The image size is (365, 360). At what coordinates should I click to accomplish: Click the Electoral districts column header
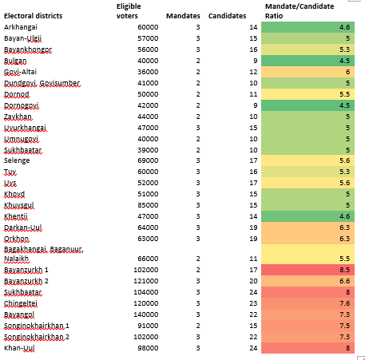click(33, 16)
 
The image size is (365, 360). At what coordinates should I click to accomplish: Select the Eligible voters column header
click(129, 11)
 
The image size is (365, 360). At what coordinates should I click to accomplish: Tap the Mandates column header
click(183, 16)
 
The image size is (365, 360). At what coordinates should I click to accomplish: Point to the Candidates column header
click(227, 16)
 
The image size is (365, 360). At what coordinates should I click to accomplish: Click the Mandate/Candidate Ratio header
click(300, 11)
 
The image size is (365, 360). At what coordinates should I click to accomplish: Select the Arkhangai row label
click(21, 27)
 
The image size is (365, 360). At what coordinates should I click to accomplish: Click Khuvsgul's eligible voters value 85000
click(148, 205)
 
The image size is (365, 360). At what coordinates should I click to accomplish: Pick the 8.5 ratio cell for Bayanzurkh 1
click(307, 270)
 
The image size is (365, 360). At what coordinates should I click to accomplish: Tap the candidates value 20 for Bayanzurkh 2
click(253, 281)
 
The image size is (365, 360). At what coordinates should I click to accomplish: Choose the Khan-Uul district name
click(19, 348)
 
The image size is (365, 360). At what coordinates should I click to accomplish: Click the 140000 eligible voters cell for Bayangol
click(146, 315)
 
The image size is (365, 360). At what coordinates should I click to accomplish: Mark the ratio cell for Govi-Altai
click(307, 72)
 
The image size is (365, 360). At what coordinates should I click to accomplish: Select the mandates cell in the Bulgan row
click(198, 61)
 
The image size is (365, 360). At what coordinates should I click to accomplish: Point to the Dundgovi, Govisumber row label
click(42, 83)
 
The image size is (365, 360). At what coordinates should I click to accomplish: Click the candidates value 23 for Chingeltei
click(253, 303)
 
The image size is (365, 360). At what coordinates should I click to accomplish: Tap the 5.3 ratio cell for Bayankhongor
click(307, 49)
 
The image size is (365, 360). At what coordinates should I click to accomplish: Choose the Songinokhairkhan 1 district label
click(37, 326)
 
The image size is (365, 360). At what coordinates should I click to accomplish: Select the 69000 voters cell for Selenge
click(148, 160)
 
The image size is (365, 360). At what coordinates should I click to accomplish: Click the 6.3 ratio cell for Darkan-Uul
click(307, 227)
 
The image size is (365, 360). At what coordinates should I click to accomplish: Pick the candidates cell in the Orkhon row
click(253, 239)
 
